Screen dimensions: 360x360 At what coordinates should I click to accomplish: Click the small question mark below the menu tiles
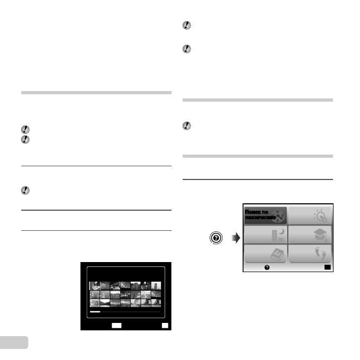(267, 268)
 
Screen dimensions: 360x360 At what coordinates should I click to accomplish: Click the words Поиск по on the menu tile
(257, 212)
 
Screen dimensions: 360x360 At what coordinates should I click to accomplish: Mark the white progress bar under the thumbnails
(95, 312)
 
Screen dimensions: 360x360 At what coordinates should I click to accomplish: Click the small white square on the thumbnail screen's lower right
(165, 326)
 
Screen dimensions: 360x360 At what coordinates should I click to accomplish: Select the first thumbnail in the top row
(94, 285)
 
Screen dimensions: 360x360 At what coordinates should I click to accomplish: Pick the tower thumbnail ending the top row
(156, 285)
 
